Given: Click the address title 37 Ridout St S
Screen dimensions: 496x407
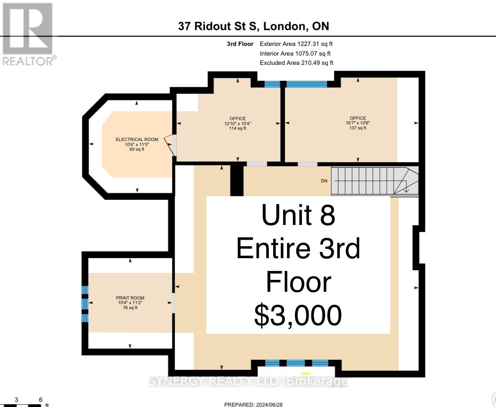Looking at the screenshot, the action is pos(219,26).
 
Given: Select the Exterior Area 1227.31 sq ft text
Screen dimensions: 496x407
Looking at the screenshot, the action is pos(296,44).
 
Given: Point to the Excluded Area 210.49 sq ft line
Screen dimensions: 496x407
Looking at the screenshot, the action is pos(296,63).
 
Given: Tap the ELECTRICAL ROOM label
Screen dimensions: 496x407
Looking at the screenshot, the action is pos(137,140).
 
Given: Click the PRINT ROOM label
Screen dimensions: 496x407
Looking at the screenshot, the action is pos(130,298).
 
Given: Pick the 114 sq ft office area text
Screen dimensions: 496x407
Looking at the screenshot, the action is pos(238,128).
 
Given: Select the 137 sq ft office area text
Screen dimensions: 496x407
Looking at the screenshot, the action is pos(358,128).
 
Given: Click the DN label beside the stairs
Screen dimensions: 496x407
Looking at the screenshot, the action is pos(324,181).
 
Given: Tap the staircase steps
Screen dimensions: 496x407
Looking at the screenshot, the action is pos(375,181).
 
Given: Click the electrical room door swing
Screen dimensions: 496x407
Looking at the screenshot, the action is pos(170,145).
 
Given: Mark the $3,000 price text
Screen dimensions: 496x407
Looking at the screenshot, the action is pos(298,315).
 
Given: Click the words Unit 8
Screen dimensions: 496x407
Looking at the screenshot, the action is pos(298,215).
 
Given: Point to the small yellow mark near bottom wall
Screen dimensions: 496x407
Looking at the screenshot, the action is pos(306,374).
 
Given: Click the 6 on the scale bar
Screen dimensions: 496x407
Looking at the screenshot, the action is pos(41,400).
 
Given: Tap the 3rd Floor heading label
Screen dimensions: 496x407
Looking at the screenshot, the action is pos(240,44).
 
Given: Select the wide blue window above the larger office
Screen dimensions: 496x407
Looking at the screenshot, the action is pos(307,84).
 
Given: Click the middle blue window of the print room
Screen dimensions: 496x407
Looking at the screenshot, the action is pos(85,304).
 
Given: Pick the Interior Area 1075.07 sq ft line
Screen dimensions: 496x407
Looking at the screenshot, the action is pos(295,54).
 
